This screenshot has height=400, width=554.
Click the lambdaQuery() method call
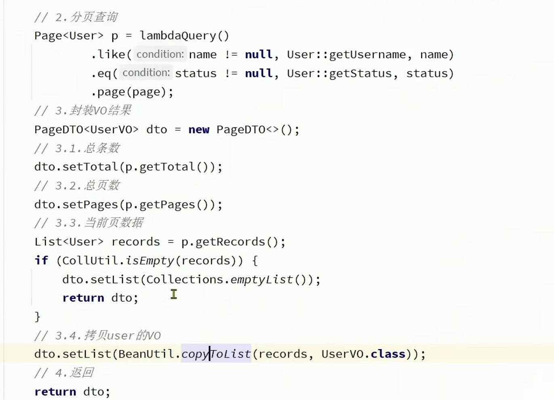(x=184, y=36)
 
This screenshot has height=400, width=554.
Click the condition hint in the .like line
(x=160, y=54)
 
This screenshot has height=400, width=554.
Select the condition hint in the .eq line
(x=146, y=73)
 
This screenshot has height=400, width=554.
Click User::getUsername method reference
(x=346, y=55)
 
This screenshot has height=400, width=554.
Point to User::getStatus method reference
(x=339, y=73)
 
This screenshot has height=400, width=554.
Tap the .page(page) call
(x=132, y=92)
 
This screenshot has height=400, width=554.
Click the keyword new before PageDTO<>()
(x=199, y=130)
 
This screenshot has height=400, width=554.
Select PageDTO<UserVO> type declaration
(x=86, y=130)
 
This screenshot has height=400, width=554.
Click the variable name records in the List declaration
(x=136, y=242)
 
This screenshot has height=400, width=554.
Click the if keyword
(x=41, y=260)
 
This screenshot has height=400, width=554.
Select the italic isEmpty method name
(x=150, y=260)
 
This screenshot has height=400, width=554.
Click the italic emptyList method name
(x=262, y=279)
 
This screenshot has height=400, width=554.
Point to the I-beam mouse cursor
(x=174, y=294)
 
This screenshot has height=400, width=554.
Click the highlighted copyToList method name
(x=216, y=354)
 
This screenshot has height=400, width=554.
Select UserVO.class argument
(x=363, y=354)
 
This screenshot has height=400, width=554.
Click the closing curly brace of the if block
(x=38, y=316)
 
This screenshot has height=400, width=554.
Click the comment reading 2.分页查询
(x=77, y=17)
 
